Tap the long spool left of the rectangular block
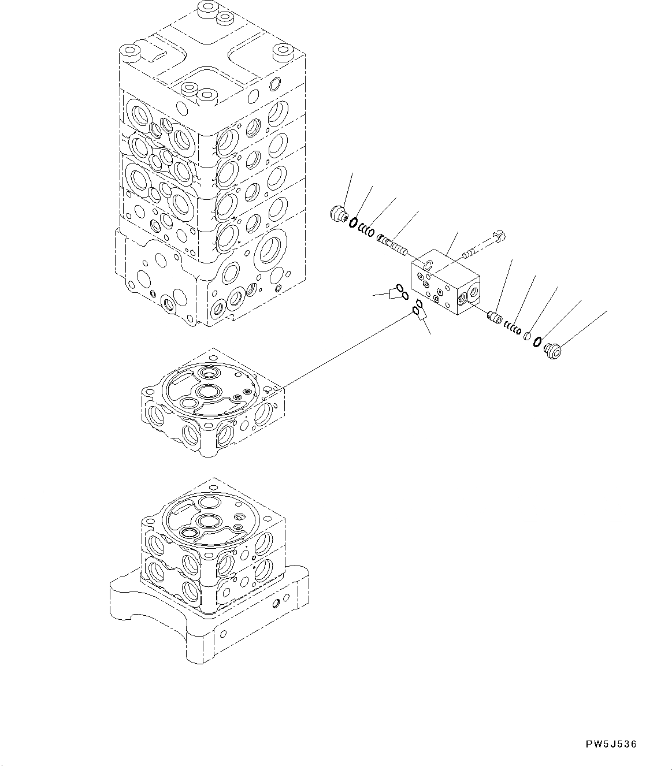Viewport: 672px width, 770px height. click(392, 245)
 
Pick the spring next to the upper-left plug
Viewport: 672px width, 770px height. click(366, 229)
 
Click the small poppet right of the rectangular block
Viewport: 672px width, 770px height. click(493, 317)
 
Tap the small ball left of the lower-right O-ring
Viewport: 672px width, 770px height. click(527, 336)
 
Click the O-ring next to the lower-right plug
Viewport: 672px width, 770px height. click(537, 341)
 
